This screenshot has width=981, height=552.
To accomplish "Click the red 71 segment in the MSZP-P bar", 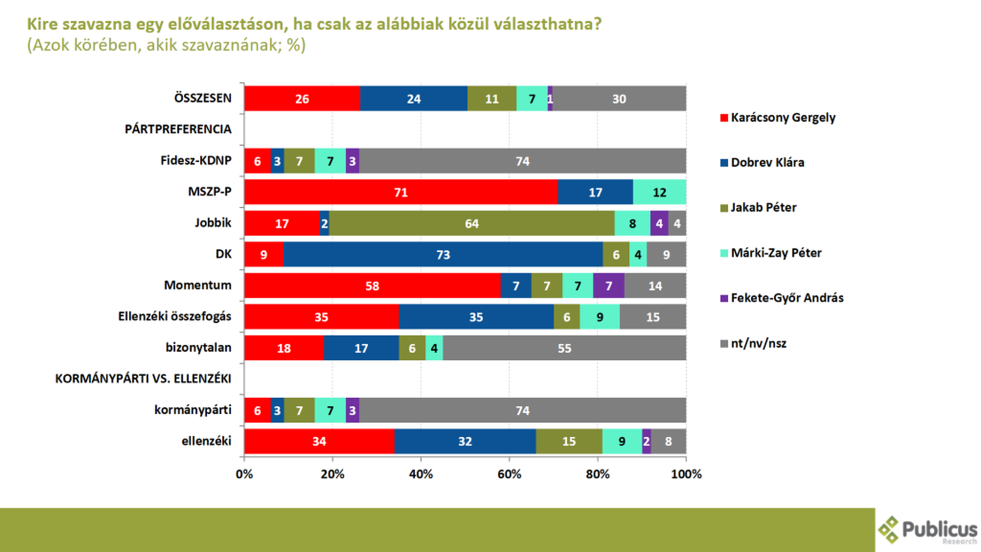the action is (401, 192).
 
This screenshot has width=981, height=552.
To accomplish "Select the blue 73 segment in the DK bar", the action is (443, 255).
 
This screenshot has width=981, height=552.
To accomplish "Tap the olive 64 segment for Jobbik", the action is (472, 223).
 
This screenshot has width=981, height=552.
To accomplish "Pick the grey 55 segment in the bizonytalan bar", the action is (564, 348).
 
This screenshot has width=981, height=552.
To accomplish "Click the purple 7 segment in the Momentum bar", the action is (609, 286).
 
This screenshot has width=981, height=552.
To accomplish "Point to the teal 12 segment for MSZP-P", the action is (660, 192).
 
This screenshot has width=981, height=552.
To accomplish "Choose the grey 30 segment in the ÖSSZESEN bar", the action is (619, 99).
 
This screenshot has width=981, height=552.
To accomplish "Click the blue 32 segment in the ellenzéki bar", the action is (465, 441).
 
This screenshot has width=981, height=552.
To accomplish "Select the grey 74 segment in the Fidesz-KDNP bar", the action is (523, 161).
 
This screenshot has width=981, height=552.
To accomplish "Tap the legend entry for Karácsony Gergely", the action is (778, 118).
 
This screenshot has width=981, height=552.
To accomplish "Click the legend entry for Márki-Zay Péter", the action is (771, 253).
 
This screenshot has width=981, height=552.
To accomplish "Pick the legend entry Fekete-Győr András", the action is (782, 298).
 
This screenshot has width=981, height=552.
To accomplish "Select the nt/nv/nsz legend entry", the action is (753, 343).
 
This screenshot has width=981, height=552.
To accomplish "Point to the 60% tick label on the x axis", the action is (509, 474).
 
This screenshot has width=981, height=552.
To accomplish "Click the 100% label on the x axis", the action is (686, 474).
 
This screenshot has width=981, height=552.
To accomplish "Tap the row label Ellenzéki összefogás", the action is (175, 316).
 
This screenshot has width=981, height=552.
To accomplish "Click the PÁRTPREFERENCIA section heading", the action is (178, 129).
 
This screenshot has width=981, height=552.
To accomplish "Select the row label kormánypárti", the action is (193, 410).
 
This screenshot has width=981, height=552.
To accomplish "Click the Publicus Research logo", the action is (928, 530).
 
